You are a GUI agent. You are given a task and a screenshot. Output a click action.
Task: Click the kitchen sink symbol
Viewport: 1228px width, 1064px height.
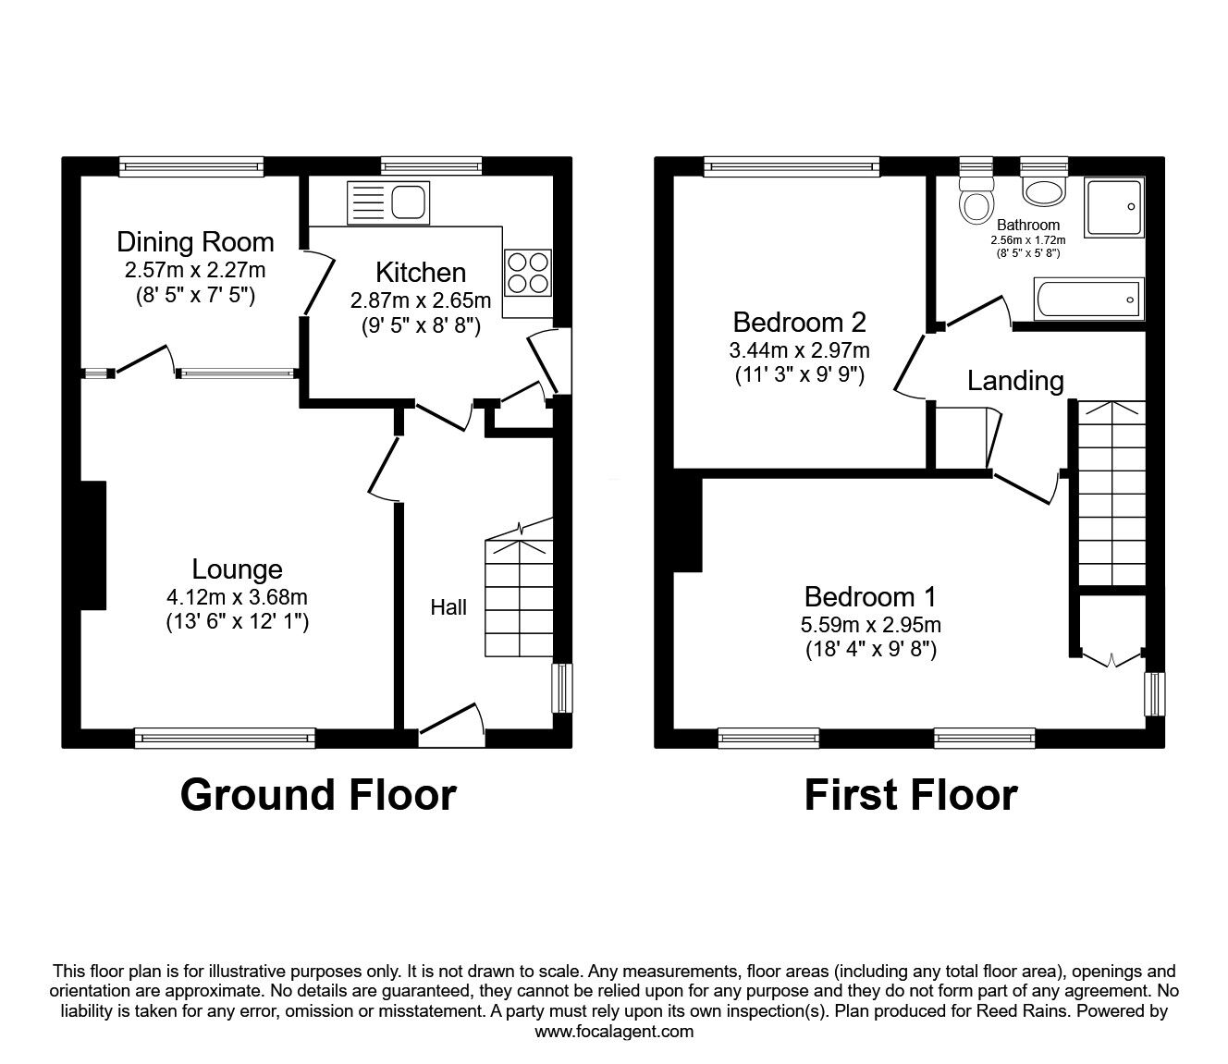click(388, 202)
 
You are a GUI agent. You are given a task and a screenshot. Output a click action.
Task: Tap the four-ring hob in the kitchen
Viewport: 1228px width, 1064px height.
click(527, 272)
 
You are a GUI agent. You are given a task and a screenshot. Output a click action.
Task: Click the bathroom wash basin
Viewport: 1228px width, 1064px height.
click(1044, 191)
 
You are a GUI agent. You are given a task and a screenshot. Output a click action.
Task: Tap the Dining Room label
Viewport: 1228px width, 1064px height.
click(195, 242)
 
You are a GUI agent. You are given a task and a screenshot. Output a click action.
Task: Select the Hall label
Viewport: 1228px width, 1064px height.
click(448, 607)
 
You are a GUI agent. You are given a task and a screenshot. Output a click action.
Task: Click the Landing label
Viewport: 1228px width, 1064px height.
click(1015, 380)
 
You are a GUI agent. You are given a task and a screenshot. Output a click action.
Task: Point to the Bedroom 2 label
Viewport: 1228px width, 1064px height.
click(799, 323)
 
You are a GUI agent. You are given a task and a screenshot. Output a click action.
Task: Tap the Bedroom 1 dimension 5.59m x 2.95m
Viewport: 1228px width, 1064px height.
click(870, 625)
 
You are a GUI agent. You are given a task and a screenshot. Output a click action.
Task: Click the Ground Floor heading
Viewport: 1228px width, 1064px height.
click(318, 794)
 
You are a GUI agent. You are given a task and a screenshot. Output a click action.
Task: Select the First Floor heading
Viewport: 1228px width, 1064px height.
click(910, 794)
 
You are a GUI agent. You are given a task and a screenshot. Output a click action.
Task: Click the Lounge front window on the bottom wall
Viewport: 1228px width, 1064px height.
click(225, 737)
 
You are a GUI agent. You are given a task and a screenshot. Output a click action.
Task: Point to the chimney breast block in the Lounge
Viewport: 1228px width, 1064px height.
click(92, 544)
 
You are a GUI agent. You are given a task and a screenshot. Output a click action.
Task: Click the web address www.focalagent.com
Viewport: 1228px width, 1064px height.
click(614, 1032)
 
